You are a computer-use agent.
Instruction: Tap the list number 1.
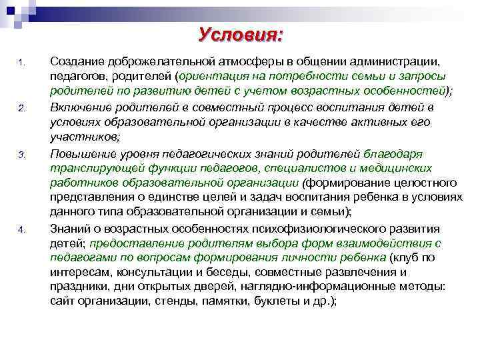(21, 64)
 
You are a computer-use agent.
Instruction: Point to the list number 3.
(21, 155)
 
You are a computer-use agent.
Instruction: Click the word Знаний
(69, 229)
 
